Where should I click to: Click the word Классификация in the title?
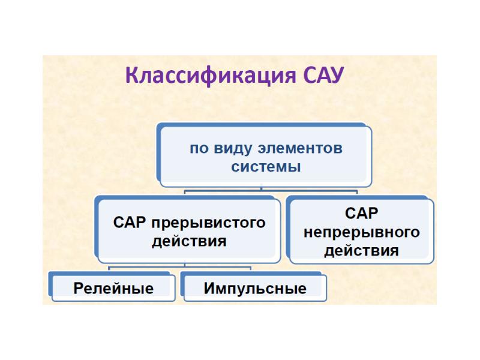click(x=211, y=76)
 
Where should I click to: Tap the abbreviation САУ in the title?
click(x=324, y=74)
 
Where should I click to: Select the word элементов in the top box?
click(x=300, y=148)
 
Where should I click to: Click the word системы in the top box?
click(x=266, y=167)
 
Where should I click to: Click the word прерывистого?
click(x=208, y=223)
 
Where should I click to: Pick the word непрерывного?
click(x=362, y=232)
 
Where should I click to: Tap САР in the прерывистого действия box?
click(x=129, y=222)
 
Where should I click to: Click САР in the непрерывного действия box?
click(x=362, y=213)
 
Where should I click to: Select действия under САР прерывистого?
click(x=189, y=241)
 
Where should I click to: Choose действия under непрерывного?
click(x=362, y=251)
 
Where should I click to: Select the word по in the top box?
click(x=199, y=149)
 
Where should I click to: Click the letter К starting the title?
click(x=132, y=76)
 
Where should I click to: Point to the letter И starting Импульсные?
click(x=210, y=289)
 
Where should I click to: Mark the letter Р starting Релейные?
click(x=79, y=289)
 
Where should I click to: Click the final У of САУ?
click(x=337, y=76)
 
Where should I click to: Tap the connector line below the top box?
click(x=271, y=191)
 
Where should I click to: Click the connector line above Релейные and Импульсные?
click(x=179, y=267)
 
